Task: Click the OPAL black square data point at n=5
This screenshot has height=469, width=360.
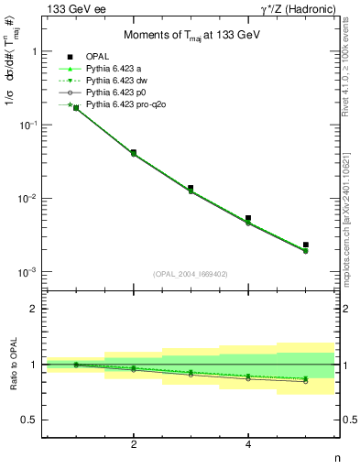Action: (x=306, y=245)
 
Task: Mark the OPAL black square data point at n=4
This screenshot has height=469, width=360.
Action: (x=248, y=218)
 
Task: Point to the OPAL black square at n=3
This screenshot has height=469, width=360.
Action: (x=191, y=188)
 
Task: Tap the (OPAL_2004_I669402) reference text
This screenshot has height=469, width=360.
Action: (x=190, y=273)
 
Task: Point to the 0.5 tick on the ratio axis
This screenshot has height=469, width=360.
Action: (x=29, y=420)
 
